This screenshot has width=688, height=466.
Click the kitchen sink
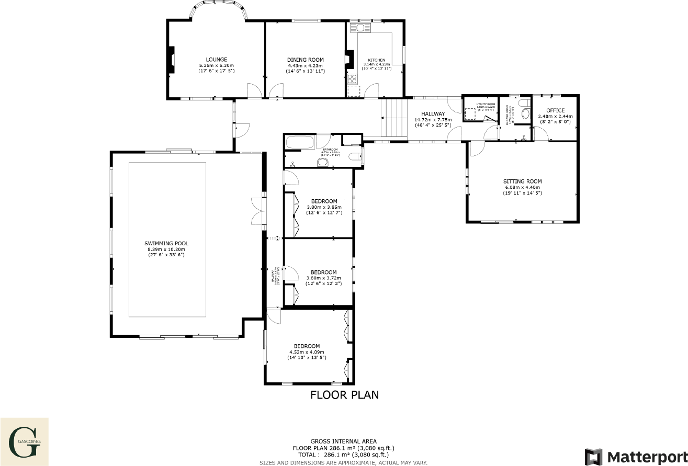click(360, 27)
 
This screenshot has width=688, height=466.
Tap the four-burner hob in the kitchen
click(353, 79)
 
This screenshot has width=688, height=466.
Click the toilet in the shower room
click(526, 111)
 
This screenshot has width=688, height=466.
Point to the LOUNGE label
click(216, 60)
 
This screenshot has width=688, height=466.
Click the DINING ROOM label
click(306, 60)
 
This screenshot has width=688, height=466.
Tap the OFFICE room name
click(555, 110)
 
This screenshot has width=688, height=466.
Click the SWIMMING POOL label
click(166, 244)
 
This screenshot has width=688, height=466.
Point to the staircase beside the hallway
click(393, 118)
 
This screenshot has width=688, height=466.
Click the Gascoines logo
click(25, 441)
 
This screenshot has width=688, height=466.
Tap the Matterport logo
click(635, 456)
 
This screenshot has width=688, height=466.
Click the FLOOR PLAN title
click(344, 395)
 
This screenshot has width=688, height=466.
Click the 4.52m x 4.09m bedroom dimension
click(307, 352)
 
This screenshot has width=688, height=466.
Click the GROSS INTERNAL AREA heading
click(343, 441)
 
